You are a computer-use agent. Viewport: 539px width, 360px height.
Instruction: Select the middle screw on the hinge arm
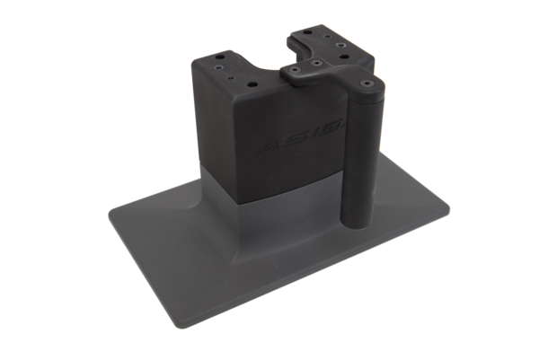tap(317, 63)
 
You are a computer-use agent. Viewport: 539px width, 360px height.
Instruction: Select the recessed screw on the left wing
tap(219, 67)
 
